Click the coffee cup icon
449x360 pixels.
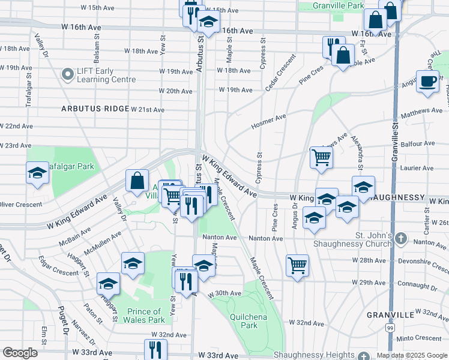(x=427, y=82)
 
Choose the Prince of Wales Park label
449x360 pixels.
(x=145, y=316)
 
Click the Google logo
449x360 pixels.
(x=20, y=353)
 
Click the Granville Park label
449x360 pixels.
(x=339, y=5)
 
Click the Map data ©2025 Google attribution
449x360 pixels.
(x=412, y=355)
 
